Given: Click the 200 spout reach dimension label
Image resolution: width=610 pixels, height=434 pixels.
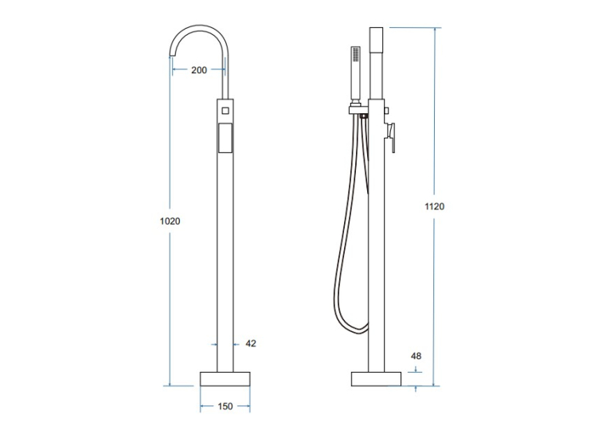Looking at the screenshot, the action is coord(199,70).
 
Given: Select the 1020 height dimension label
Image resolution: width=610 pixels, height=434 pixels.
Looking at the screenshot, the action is coord(170,221).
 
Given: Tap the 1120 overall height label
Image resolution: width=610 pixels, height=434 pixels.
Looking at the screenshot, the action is coord(434,206).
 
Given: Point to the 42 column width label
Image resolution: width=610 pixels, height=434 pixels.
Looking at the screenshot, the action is coord(251,343).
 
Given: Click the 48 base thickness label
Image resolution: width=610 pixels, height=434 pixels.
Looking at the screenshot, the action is coord(416,356).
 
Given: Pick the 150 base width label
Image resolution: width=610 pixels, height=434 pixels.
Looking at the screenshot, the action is coord(225,406).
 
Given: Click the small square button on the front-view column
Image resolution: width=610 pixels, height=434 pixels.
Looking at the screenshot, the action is coord(225,111).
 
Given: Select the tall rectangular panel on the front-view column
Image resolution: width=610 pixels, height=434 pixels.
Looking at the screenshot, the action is coord(225,138).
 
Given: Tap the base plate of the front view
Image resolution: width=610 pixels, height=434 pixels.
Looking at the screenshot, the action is coord(225,379).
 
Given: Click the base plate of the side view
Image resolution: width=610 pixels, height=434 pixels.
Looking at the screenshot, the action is coord(376,379).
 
